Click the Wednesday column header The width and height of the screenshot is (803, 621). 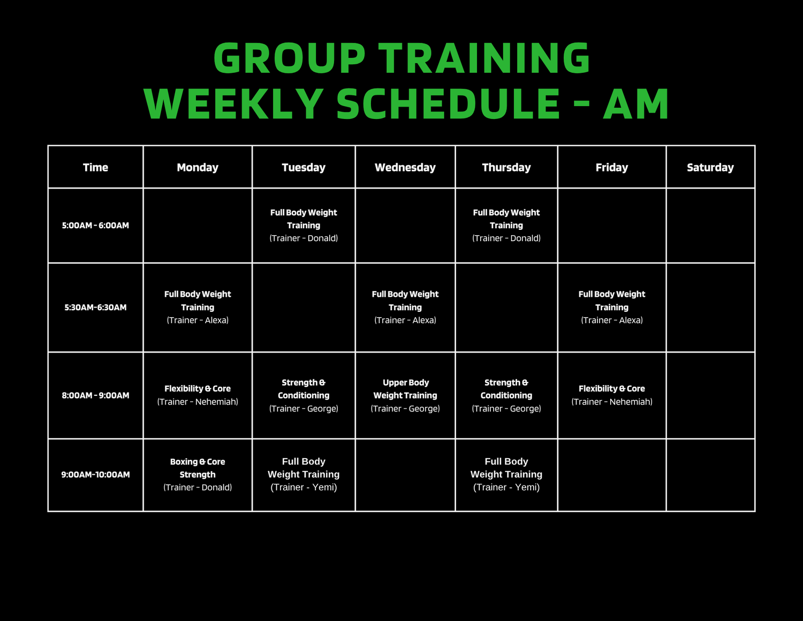pos(405,168)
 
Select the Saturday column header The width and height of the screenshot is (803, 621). pos(710,168)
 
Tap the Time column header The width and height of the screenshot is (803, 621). pos(95,168)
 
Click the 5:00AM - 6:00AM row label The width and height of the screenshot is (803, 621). pos(95,225)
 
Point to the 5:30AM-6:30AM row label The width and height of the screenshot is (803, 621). pos(95,308)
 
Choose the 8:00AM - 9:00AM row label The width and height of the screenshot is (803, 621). pos(95,395)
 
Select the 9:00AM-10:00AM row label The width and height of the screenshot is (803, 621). pos(95,475)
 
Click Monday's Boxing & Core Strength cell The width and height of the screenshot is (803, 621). pos(198,475)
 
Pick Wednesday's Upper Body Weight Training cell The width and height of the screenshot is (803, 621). pos(405,395)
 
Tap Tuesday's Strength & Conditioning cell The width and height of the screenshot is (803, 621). pos(304,395)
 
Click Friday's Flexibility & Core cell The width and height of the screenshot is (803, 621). pos(612,395)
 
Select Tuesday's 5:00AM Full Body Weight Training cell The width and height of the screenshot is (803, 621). pos(304,225)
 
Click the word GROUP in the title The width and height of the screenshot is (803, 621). pos(289,58)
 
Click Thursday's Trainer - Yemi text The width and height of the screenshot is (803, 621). pos(506,488)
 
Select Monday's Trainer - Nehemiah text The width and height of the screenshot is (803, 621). pos(198,402)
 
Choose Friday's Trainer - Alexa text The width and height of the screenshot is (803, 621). pos(612,320)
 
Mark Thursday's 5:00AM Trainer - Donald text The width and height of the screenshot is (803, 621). pos(506,238)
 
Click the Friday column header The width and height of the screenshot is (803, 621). pos(612,168)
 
